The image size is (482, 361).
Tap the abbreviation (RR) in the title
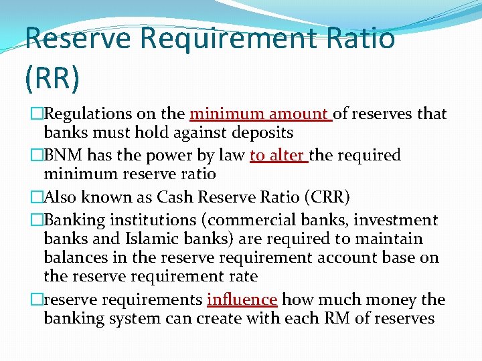[52, 78]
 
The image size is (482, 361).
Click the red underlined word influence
[242, 299]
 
